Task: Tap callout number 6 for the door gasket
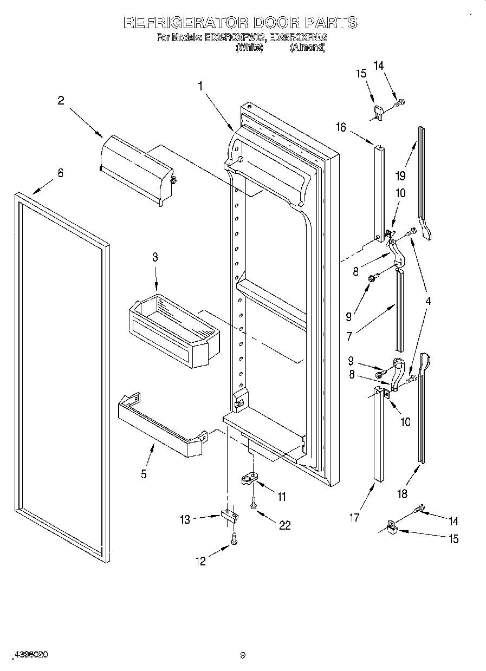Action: pyautogui.click(x=60, y=173)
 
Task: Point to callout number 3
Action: pyautogui.click(x=155, y=257)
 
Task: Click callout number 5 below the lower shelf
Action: pyautogui.click(x=144, y=474)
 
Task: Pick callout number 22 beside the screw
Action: pyautogui.click(x=284, y=525)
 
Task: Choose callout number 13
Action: pyautogui.click(x=185, y=520)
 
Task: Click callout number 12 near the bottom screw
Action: pyautogui.click(x=201, y=562)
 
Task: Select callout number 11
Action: pyautogui.click(x=282, y=497)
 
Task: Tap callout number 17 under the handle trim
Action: pyautogui.click(x=354, y=518)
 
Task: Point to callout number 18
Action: pyautogui.click(x=401, y=494)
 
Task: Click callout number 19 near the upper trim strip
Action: pyautogui.click(x=400, y=175)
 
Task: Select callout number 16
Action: pyautogui.click(x=341, y=128)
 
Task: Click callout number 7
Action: pyautogui.click(x=349, y=336)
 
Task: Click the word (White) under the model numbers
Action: pyautogui.click(x=249, y=48)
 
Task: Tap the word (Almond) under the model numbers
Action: pyautogui.click(x=307, y=48)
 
